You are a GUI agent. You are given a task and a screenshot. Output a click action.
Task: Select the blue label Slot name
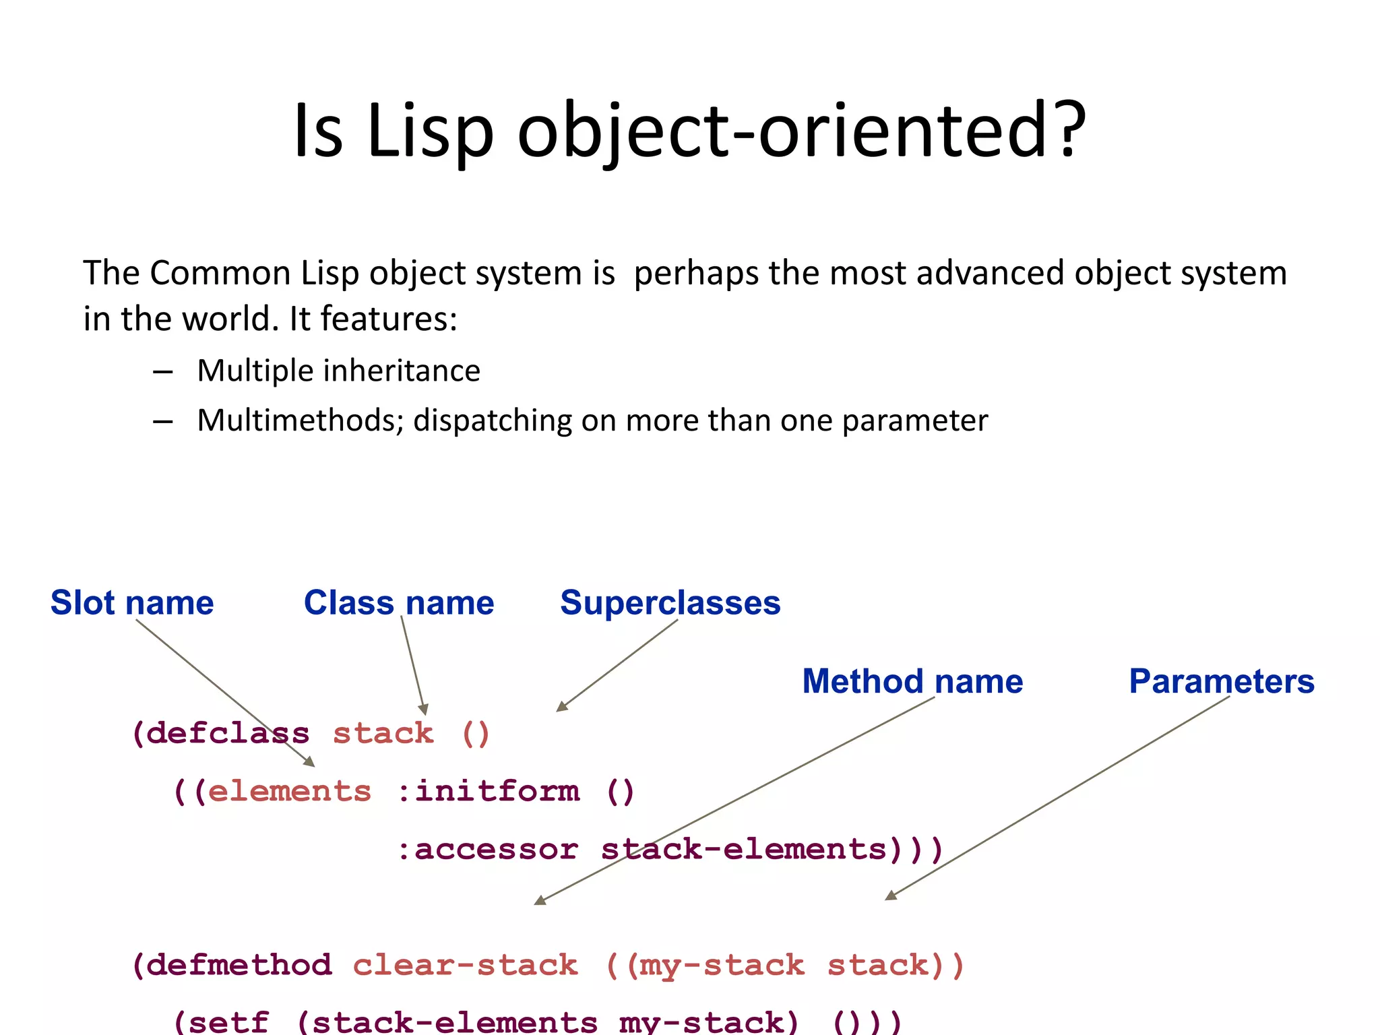point(132,602)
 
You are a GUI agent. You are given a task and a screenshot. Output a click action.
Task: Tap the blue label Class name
point(399,602)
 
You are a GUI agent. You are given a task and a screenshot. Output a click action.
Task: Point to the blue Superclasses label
point(670,602)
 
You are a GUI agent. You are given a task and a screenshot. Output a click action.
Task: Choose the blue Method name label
point(912,681)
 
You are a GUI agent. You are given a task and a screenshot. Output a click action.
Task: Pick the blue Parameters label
point(1221,681)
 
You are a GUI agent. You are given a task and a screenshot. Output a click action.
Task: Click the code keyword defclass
point(228,733)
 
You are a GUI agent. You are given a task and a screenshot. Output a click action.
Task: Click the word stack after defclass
point(383,733)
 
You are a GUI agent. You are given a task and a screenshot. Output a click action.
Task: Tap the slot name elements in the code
point(290,791)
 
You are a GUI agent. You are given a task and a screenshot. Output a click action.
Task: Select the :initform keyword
point(489,791)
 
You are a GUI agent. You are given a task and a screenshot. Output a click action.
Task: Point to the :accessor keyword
point(488,849)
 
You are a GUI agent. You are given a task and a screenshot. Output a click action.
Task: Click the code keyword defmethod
point(239,965)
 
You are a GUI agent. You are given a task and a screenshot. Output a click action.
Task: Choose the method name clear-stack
point(465,965)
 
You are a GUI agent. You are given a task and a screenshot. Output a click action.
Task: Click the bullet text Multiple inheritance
point(338,371)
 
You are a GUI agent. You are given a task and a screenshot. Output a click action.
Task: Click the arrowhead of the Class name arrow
point(424,710)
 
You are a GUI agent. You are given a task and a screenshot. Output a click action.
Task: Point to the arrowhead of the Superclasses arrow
point(561,707)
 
